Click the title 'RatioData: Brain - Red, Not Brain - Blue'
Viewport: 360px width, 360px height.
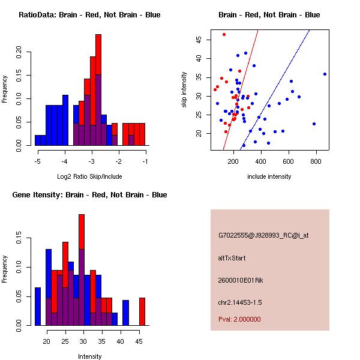tap(89, 15)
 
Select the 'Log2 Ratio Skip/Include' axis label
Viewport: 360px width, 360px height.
tap(89, 176)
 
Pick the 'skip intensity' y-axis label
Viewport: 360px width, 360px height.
tap(184, 90)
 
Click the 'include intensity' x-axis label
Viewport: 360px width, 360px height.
tap(269, 176)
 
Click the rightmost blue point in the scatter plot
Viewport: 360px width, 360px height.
tap(325, 74)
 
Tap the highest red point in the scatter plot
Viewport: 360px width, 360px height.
tap(224, 34)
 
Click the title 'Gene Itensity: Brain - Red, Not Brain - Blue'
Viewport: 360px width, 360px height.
tap(89, 195)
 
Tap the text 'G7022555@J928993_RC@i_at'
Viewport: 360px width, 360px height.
tap(263, 236)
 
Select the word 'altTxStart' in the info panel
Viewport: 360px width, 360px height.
tap(232, 258)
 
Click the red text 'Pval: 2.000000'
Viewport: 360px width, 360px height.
tap(239, 319)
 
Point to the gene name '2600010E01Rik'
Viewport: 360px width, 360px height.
tap(239, 280)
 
